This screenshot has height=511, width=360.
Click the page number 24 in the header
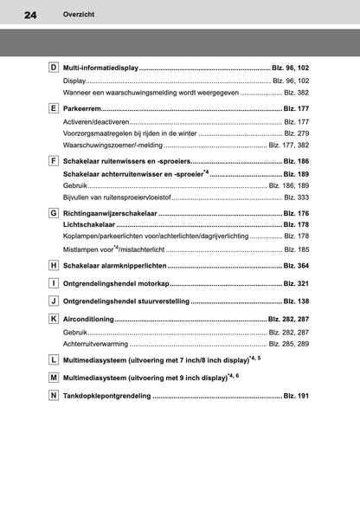pos(31,16)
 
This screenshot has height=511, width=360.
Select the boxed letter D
pos(54,68)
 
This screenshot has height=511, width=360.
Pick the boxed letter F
pos(54,161)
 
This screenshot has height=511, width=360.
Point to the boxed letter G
pos(54,211)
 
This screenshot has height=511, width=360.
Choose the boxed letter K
pos(54,319)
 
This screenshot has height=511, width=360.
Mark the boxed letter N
pos(54,396)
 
